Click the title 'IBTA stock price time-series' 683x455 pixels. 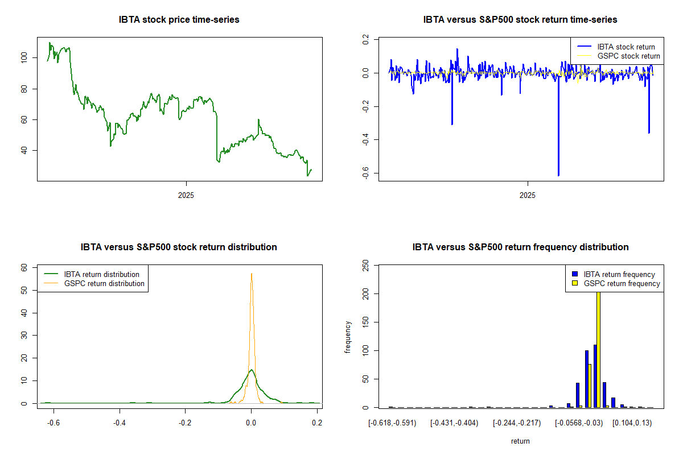179,19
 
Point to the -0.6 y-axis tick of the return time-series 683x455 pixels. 365,173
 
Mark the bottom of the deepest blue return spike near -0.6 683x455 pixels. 558,175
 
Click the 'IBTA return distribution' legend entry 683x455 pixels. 102,274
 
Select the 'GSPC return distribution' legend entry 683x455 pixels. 104,283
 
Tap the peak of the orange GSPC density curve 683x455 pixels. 251,274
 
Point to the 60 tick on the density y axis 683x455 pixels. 24,267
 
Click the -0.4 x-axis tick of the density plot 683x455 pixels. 119,423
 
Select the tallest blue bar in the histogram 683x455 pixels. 595,376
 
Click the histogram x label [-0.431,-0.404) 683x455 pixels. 454,423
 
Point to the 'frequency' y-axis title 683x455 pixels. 348,337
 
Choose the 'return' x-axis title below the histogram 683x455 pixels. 520,441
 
